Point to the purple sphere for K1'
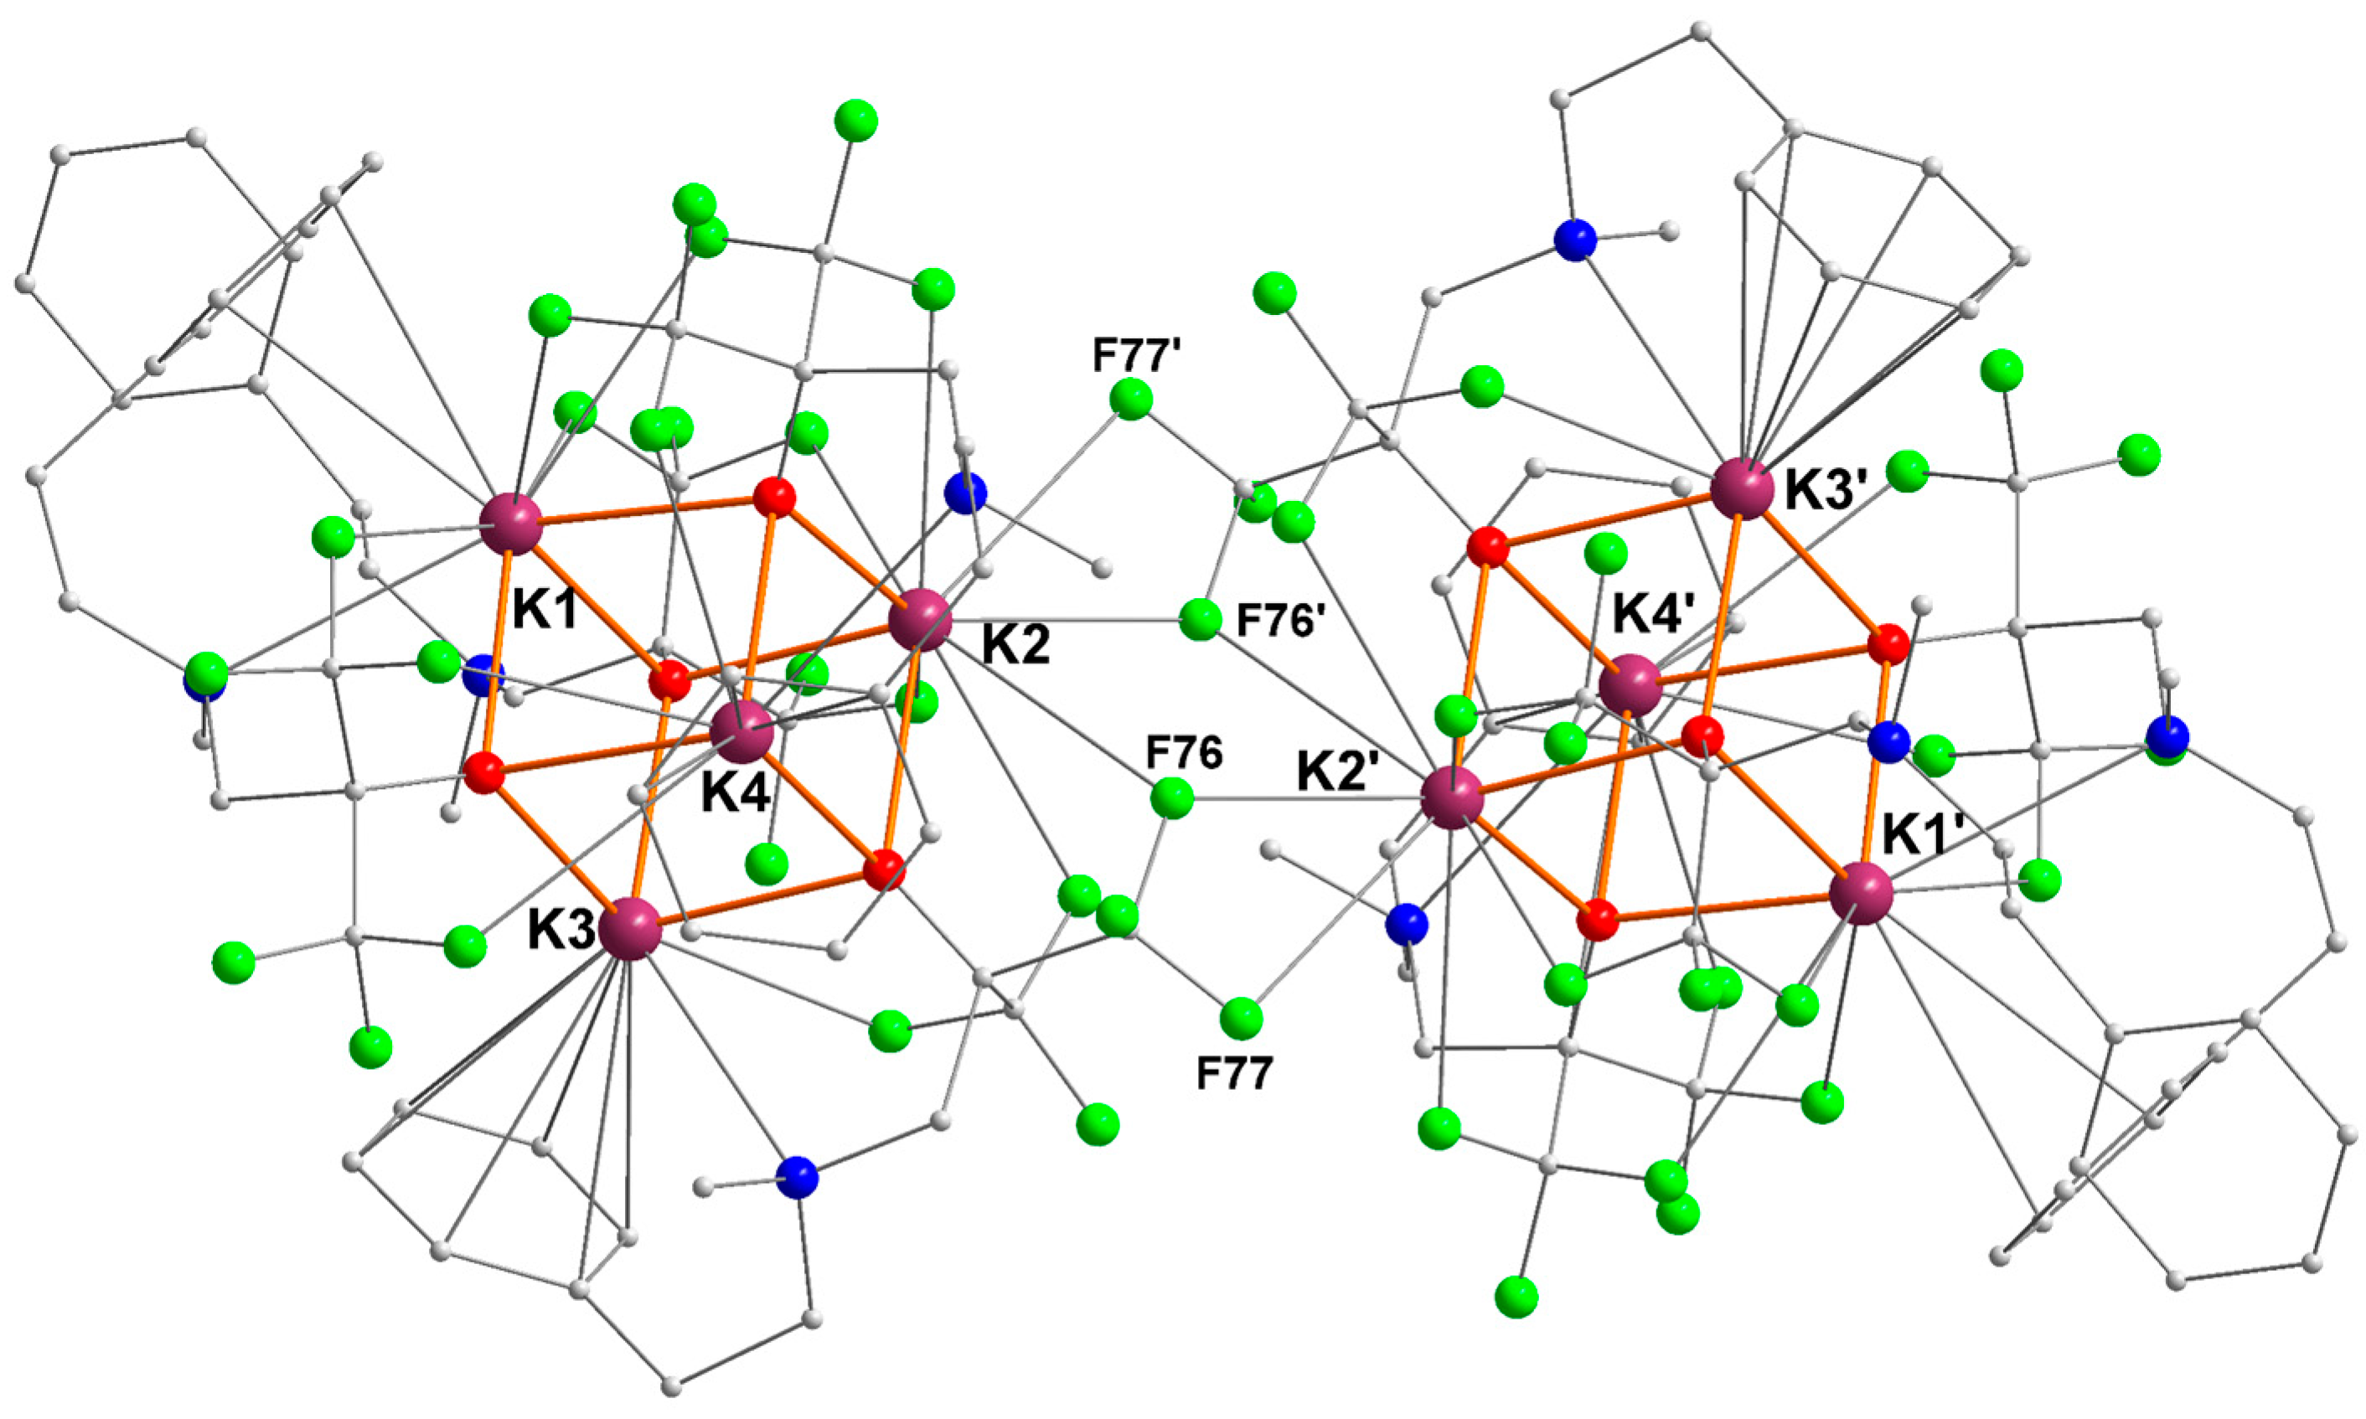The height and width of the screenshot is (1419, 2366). [1861, 893]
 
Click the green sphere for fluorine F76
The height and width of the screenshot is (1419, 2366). [1171, 797]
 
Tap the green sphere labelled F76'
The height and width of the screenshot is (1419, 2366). [1199, 621]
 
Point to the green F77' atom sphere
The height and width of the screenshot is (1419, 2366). [1130, 398]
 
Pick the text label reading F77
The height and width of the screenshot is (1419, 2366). [1235, 1074]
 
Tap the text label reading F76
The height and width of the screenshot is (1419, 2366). [1184, 754]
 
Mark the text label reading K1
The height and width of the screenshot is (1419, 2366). [546, 608]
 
